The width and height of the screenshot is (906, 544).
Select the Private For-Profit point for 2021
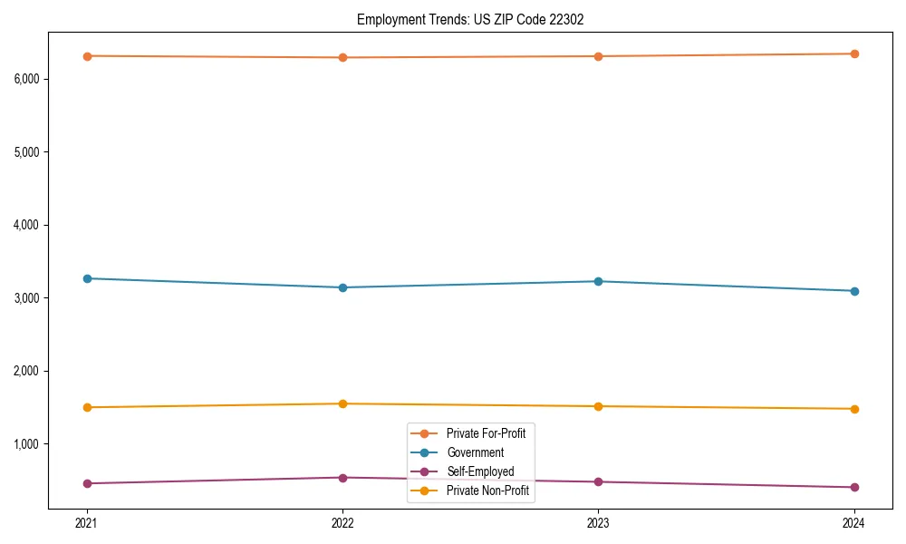[87, 56]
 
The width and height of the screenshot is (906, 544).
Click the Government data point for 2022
[342, 287]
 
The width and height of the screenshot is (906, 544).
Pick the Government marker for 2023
[598, 281]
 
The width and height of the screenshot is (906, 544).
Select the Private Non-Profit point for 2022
[342, 403]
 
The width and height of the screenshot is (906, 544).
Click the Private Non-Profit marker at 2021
[87, 407]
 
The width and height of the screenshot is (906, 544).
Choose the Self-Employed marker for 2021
[87, 483]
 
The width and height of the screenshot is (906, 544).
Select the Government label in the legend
[476, 452]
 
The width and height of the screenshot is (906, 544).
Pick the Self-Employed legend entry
[480, 471]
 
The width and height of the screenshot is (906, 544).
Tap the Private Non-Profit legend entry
[487, 491]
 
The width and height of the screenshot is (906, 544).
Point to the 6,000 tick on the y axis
[27, 79]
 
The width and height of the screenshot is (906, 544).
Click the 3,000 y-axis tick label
[27, 297]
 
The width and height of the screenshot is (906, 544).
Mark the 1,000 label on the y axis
[27, 443]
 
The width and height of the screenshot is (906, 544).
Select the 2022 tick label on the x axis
[342, 522]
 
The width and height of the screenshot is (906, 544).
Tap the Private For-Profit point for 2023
[598, 56]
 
